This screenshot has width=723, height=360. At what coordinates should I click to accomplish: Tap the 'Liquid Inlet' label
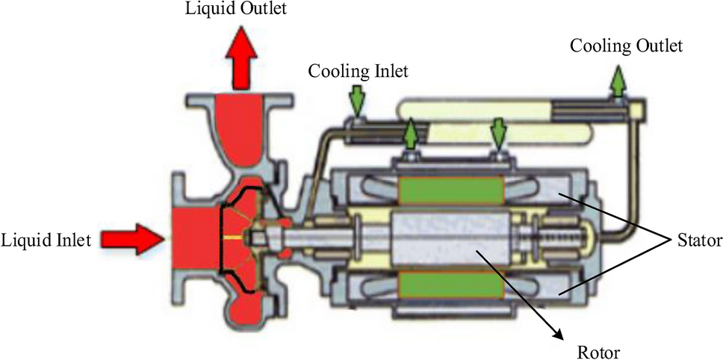46,240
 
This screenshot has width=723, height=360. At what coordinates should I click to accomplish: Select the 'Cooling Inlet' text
359,72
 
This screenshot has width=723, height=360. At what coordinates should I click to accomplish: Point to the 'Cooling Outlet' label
626,46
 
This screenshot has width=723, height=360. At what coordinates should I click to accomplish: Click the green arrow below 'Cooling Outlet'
618,81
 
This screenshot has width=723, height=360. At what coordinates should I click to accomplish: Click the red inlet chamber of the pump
196,239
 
